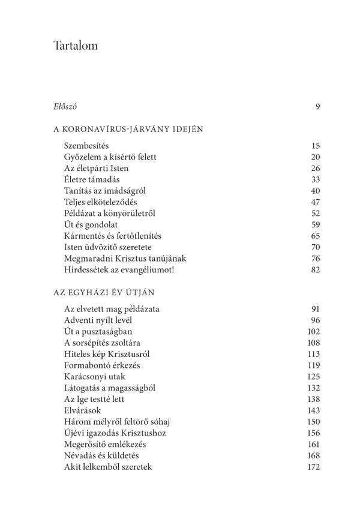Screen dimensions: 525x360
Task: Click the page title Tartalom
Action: click(74, 46)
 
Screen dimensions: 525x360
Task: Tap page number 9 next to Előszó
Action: click(317, 107)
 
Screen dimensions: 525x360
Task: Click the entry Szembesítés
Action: click(86, 146)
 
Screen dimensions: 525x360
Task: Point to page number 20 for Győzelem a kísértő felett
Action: click(316, 157)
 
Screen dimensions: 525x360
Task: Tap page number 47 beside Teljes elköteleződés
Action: click(316, 202)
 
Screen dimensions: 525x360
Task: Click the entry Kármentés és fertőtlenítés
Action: click(113, 236)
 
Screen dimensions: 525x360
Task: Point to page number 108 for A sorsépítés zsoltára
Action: click(314, 343)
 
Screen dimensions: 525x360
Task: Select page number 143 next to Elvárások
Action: click(314, 411)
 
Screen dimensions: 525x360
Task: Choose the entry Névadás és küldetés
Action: click(106, 455)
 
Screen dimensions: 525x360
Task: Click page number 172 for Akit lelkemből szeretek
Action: click(314, 467)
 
